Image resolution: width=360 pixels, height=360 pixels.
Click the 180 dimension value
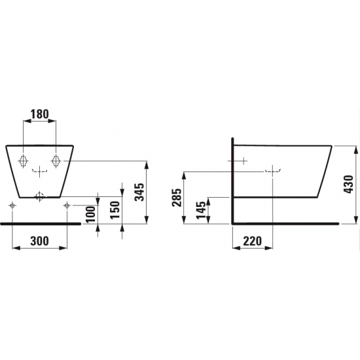coord(40,114)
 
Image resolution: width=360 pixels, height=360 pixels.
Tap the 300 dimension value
coord(39,241)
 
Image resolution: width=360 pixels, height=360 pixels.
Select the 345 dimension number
coord(139,192)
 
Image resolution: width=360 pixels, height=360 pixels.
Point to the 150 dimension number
coord(115,210)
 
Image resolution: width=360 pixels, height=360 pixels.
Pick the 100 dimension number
coord(91,214)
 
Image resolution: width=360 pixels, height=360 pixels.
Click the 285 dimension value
coord(177,198)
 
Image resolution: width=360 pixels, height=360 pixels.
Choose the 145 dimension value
coord(201,210)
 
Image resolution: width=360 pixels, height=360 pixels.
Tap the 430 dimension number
coord(348,185)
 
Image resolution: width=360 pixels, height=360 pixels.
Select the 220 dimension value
coord(252,241)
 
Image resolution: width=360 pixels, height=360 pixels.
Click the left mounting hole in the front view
coord(23,161)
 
